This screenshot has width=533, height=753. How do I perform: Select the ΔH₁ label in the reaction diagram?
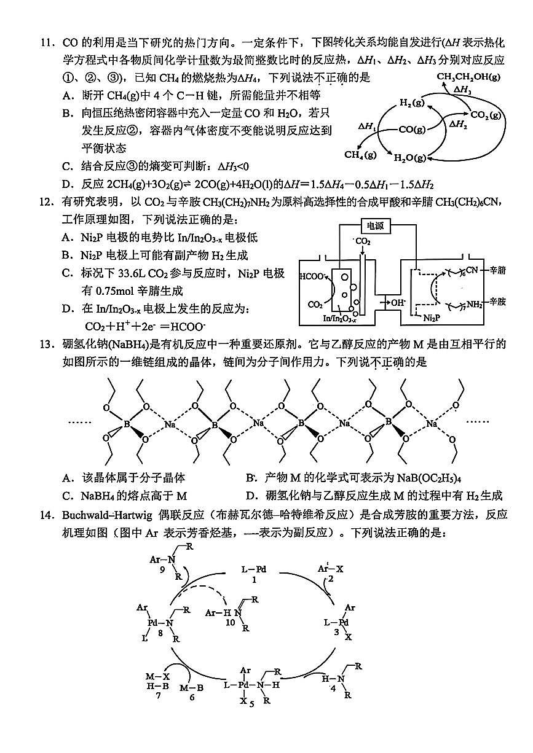(x=367, y=126)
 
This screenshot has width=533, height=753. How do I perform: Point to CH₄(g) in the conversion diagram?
(x=360, y=154)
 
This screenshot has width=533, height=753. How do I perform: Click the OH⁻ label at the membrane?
(x=396, y=302)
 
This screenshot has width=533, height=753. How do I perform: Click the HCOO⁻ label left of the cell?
(x=312, y=276)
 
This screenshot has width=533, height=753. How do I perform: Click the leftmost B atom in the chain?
(x=127, y=424)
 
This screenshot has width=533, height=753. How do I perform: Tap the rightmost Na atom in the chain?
(x=431, y=424)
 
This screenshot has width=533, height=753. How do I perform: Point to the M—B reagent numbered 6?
(x=191, y=689)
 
